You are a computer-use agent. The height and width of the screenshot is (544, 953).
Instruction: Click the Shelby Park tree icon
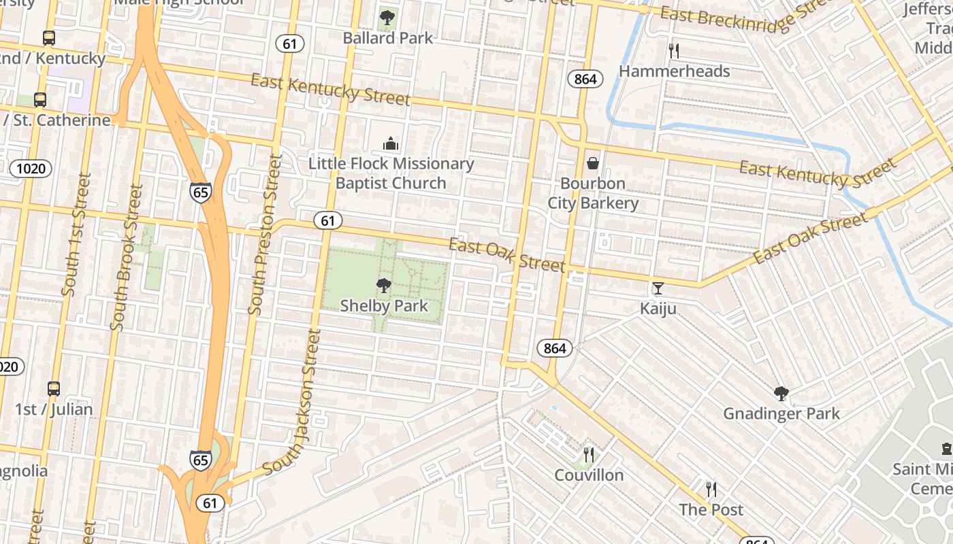[x=384, y=286]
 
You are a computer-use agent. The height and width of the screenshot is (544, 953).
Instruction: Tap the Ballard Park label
[x=387, y=38]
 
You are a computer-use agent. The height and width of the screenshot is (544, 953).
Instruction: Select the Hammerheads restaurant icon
[x=674, y=50]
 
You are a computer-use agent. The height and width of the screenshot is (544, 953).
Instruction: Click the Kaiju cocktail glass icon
[x=658, y=288]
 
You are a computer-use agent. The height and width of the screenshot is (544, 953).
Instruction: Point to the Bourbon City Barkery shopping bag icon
[x=593, y=163]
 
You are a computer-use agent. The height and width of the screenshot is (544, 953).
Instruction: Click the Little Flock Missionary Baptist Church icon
[x=391, y=143]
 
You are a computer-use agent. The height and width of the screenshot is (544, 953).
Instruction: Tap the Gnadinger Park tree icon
[x=781, y=393]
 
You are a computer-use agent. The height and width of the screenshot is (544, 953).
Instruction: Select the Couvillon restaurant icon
[x=589, y=454]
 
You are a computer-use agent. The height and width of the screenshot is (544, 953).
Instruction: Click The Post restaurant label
[x=711, y=509]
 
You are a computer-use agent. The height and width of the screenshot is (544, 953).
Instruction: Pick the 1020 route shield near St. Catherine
[x=30, y=168]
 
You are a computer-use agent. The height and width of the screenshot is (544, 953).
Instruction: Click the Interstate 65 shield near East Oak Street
[x=200, y=192]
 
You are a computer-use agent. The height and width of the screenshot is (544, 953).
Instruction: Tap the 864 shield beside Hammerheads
[x=585, y=80]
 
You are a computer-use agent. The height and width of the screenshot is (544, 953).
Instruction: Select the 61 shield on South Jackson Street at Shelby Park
[x=328, y=220]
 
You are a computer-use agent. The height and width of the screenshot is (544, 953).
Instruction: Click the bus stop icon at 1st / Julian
[x=54, y=389]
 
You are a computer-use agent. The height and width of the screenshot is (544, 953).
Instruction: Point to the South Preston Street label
[x=265, y=235]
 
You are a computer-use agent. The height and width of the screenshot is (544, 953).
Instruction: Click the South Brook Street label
[x=127, y=257]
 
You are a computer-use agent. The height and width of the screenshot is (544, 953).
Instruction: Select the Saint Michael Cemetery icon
[x=946, y=449]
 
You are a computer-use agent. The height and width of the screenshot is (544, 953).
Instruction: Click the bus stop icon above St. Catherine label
[x=40, y=100]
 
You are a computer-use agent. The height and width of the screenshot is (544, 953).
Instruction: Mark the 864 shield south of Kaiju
[x=555, y=348]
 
